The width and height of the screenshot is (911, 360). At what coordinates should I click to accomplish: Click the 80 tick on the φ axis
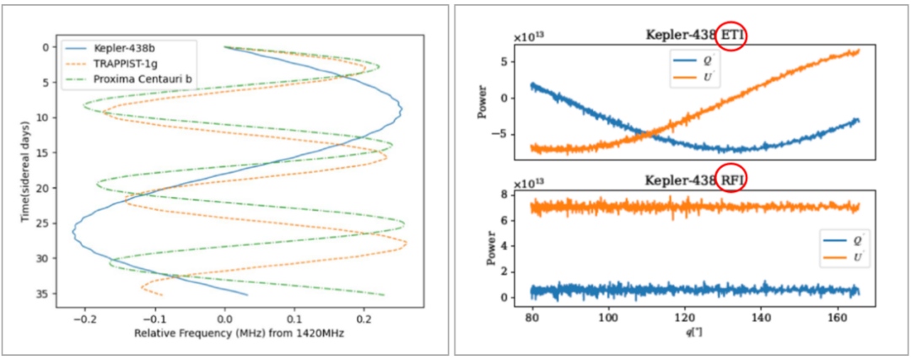click(532, 317)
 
